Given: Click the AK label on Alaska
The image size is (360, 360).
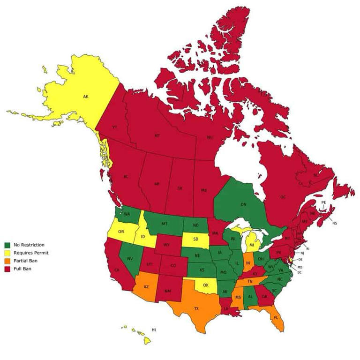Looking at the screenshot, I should coord(86,97).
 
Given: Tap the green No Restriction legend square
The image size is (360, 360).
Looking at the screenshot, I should coord(7,245).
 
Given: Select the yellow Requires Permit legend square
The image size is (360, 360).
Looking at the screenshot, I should coord(7,253).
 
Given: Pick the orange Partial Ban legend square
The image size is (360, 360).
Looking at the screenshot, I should coord(7,261).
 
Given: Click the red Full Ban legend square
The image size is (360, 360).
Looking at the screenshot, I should coord(7,269).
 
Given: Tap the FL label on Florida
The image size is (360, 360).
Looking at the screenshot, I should coord(276,317).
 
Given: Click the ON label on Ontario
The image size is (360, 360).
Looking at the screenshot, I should coord(243,204).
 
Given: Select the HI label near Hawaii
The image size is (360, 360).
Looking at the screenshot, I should coord(153,330).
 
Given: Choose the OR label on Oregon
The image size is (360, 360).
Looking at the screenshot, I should coord(121,232).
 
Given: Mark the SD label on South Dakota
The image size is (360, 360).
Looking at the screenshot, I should coord(195,239).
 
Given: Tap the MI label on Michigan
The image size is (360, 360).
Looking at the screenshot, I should coord(252,245).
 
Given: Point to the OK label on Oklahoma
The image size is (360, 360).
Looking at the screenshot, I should coord(205,285).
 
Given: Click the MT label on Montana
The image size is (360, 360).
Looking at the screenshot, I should coord(165,224).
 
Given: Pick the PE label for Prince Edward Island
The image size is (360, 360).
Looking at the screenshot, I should coord(323,202).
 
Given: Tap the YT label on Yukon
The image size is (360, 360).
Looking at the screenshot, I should coord(114,127).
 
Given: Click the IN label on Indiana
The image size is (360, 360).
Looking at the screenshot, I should coord(248,263).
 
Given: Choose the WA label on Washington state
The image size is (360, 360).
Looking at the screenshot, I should coord(127,214).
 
